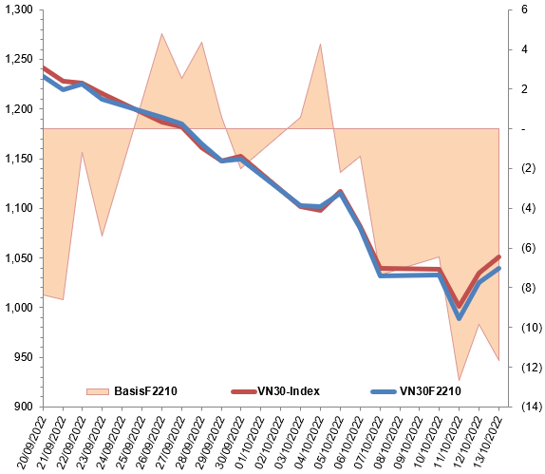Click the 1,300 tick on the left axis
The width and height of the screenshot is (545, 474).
[x=19, y=9]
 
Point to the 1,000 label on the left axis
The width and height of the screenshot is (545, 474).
[x=19, y=308]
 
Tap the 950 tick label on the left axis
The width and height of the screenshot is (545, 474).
[x=24, y=357]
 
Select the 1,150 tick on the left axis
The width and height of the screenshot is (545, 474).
[x=19, y=159]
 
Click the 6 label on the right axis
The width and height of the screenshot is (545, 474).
[x=524, y=9]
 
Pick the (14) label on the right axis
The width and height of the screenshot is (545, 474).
[x=532, y=407]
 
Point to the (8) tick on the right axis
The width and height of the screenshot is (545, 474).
[x=528, y=288]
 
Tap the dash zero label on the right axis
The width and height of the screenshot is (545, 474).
[x=523, y=129]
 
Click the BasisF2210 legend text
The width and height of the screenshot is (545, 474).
[x=145, y=391]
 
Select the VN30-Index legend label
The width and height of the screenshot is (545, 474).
[x=289, y=391]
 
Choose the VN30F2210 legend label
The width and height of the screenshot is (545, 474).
[x=430, y=391]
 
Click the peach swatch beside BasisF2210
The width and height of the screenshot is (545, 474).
[x=98, y=391]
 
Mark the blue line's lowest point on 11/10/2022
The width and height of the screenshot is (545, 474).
[x=460, y=318]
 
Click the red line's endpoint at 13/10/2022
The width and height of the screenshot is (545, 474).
[x=499, y=256]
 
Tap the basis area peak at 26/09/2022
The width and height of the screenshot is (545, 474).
[x=161, y=33]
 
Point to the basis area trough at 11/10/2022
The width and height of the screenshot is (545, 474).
[x=460, y=381]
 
